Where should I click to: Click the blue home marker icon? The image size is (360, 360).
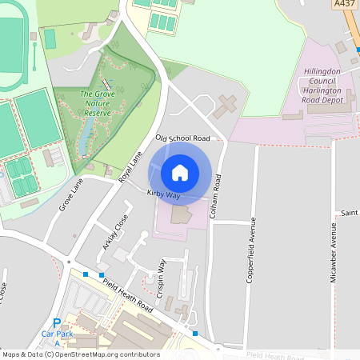pos(180,172)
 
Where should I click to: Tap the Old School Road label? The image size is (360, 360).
pos(182,138)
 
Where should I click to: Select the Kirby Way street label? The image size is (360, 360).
pos(163,194)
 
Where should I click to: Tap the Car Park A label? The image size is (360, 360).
pos(56,336)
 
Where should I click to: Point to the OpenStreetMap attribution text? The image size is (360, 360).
pos(81,354)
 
